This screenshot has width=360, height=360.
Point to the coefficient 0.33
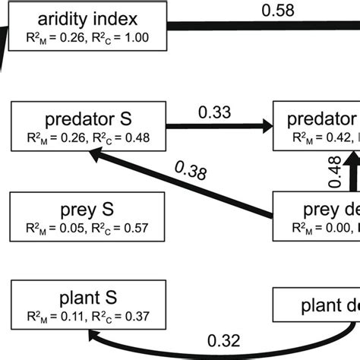tap(215, 112)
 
